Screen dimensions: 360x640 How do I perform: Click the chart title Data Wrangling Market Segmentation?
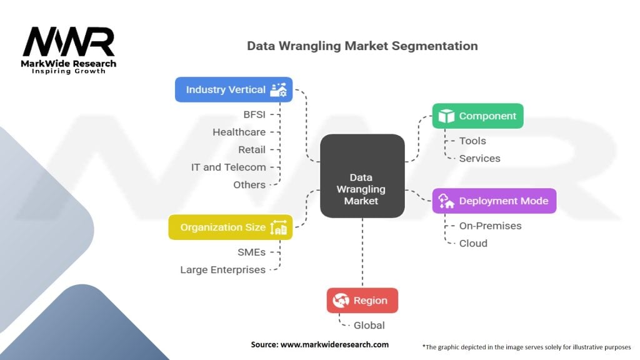pos(362,46)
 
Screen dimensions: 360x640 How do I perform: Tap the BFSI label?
pos(254,114)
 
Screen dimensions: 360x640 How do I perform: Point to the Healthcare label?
pos(239,132)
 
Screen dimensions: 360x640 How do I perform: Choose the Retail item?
pos(251,149)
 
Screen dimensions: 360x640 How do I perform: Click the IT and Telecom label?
pos(228,167)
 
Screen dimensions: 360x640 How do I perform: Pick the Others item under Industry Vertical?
pos(249,184)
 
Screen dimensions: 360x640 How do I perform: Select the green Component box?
pos(477,116)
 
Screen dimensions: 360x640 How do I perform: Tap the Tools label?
pos(472,141)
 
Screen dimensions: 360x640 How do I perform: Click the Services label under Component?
pos(479,158)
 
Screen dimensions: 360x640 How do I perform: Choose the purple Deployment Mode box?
pos(494,201)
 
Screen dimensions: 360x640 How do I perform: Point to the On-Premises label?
pos(490,226)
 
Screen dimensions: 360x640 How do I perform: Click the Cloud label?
pos(473,243)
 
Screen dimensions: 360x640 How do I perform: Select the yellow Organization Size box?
pos(231,227)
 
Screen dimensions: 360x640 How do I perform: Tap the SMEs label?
pos(251,252)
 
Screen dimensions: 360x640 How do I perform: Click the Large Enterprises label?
pos(222,269)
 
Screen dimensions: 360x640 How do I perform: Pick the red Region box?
pos(362,300)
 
